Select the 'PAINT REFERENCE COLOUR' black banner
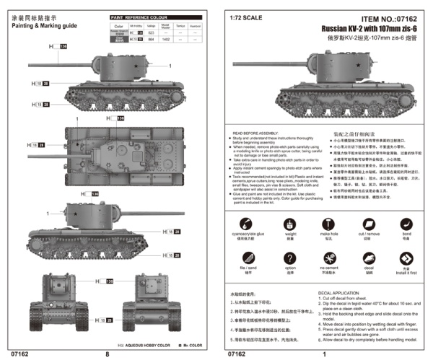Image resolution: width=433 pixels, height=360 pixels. (x=139, y=16)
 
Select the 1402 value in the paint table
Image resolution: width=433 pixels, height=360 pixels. (x=165, y=40)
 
